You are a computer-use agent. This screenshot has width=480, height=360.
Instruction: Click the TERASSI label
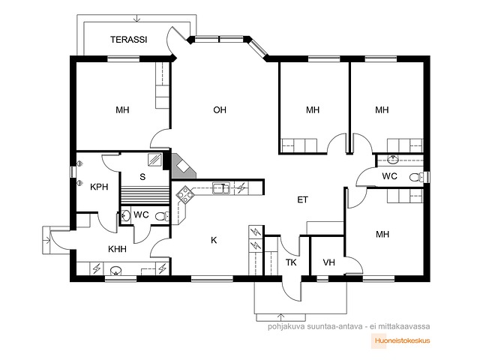click(x=129, y=40)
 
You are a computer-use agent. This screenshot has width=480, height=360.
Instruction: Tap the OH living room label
click(x=220, y=109)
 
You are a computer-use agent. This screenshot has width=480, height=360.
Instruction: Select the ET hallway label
click(x=302, y=200)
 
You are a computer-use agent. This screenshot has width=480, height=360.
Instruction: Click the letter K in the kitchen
click(x=214, y=240)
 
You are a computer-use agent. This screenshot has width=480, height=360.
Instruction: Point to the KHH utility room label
click(x=117, y=249)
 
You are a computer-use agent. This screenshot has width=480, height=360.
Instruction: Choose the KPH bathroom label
click(x=99, y=187)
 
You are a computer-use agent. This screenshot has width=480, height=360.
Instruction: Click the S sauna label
click(x=142, y=177)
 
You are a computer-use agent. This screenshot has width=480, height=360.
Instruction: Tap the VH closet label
click(x=328, y=262)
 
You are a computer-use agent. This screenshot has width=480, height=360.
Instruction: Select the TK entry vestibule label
click(x=291, y=262)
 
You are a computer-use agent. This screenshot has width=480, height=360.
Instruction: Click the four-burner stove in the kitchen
click(x=185, y=195)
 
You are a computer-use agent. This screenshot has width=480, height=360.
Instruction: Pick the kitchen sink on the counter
click(x=221, y=188)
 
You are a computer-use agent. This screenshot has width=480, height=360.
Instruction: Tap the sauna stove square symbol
click(x=155, y=160)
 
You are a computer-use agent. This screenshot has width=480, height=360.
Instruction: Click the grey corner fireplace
click(x=182, y=166)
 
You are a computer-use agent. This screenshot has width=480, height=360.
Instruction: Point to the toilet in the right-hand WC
click(x=415, y=177)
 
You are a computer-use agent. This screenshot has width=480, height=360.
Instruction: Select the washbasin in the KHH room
click(x=115, y=271)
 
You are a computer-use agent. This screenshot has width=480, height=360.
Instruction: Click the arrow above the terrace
click(x=137, y=18)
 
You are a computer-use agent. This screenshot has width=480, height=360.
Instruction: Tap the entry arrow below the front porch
click(x=280, y=317)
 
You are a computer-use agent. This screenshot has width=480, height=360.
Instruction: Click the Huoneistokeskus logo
click(x=400, y=340)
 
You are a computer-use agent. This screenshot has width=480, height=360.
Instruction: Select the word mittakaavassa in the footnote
click(x=404, y=326)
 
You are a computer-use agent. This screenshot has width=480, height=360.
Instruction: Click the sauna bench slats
click(x=145, y=195)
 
